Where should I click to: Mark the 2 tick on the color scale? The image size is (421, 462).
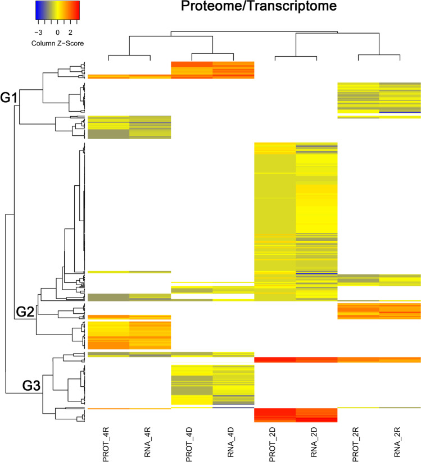click(71, 33)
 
